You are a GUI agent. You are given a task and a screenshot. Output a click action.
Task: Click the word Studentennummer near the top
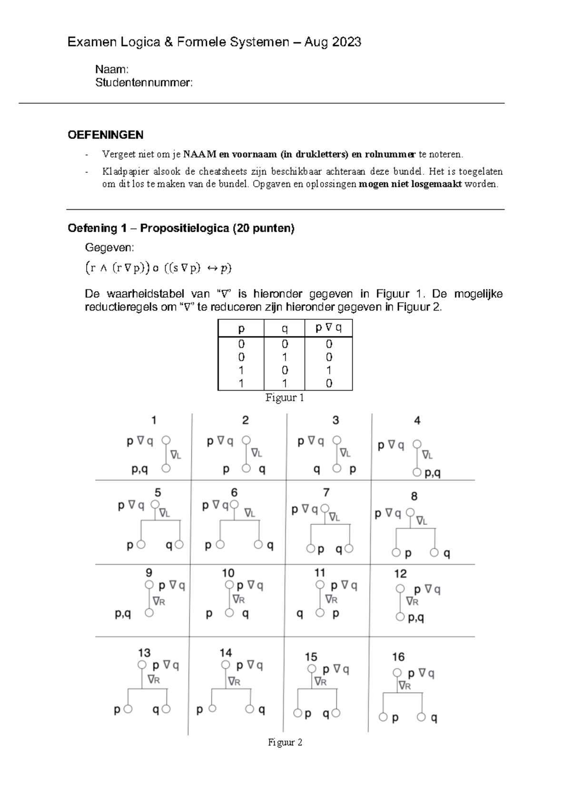point(143,83)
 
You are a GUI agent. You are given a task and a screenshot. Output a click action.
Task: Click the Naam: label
point(111,69)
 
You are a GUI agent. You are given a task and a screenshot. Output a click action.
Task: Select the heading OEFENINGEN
point(105,135)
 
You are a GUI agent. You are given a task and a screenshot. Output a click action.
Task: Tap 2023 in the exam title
point(346,42)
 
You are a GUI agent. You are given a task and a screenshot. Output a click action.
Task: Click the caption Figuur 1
point(285,398)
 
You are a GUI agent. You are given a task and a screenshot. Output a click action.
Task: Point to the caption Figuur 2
point(285,742)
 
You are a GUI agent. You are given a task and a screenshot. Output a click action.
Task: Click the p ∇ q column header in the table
point(328,328)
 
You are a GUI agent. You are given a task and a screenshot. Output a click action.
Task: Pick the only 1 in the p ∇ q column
point(329,370)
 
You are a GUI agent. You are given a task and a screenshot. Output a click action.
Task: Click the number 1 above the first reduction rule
point(154,420)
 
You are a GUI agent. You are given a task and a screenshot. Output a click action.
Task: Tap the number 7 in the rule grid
point(326,492)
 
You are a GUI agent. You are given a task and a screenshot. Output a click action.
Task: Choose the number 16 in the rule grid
point(398,657)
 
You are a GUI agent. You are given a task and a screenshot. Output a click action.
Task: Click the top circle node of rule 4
point(417,444)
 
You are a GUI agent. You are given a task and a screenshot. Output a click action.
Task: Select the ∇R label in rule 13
point(153,679)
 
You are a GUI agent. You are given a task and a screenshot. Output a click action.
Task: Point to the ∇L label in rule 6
point(250,513)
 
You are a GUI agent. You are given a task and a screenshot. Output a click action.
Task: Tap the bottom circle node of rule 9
point(149,613)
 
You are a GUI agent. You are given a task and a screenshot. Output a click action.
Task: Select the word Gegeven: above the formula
point(109,248)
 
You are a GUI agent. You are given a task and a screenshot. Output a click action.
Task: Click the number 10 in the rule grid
point(228,573)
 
